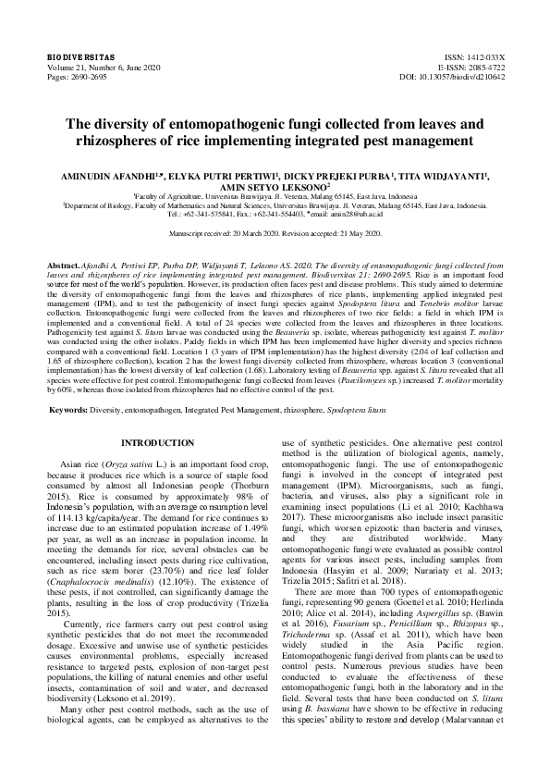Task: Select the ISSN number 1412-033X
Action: pos(481,57)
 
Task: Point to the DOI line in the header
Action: pos(453,78)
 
